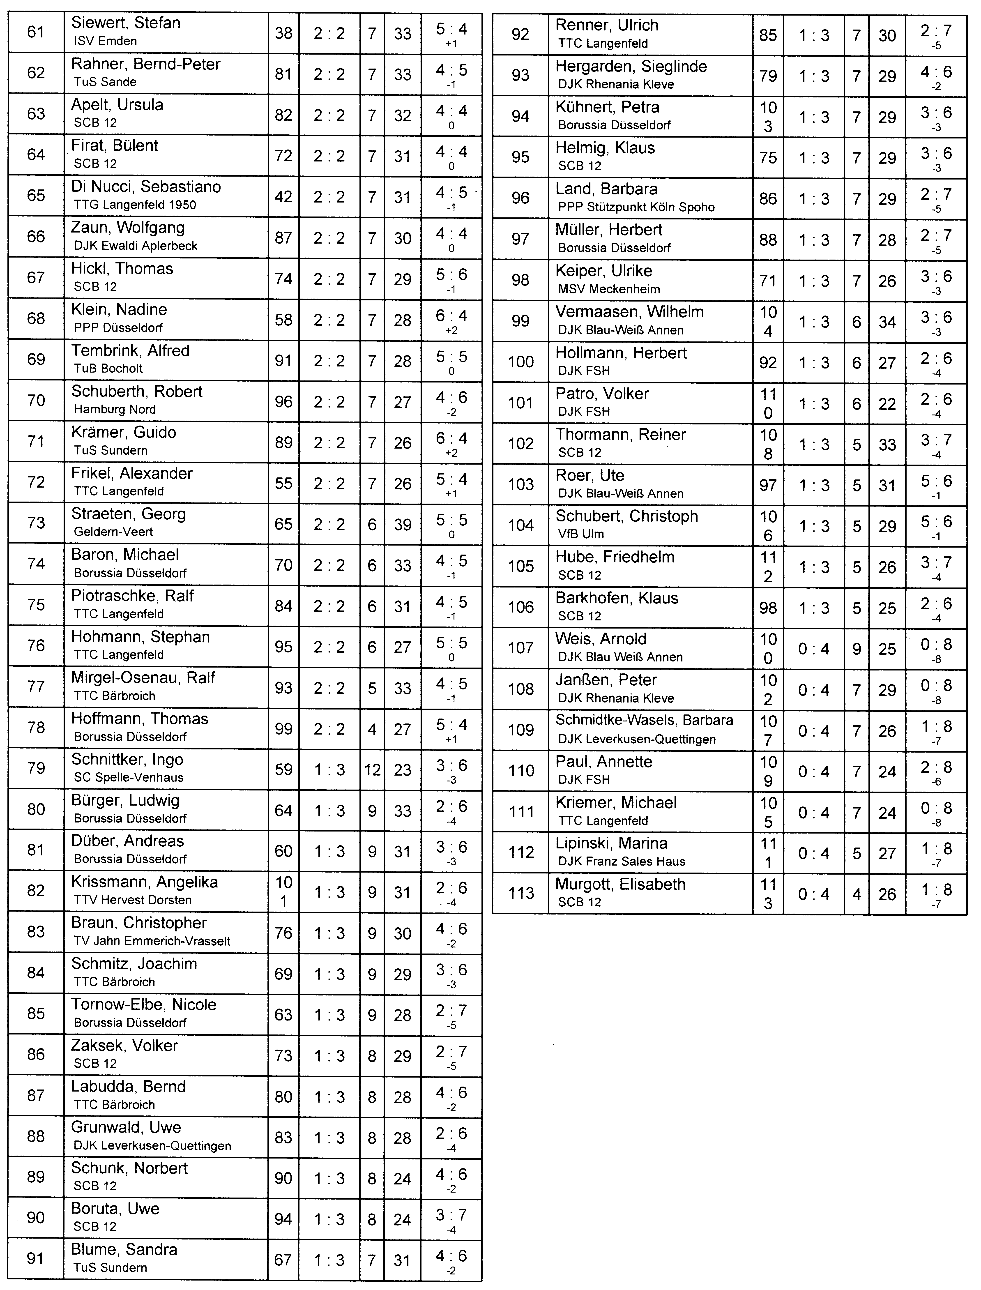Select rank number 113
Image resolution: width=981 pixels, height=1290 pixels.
coord(521,893)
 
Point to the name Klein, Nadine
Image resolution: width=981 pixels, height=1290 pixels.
coord(119,309)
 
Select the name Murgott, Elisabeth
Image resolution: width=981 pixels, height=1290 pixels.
coord(620,884)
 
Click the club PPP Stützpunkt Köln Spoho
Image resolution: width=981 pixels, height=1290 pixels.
coord(636,207)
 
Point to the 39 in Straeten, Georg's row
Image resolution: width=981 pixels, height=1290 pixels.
coord(402,524)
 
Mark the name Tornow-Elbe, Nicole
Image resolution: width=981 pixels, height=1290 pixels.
coord(144,1004)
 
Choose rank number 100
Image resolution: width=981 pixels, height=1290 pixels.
coord(521,362)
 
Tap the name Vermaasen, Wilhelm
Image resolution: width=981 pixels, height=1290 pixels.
coord(629,312)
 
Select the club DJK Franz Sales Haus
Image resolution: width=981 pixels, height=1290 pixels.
coord(621,861)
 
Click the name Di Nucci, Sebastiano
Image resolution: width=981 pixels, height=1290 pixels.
coord(146,187)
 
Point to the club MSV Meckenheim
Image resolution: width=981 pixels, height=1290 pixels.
coord(609,289)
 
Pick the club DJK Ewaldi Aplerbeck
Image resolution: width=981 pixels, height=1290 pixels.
coord(136,246)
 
